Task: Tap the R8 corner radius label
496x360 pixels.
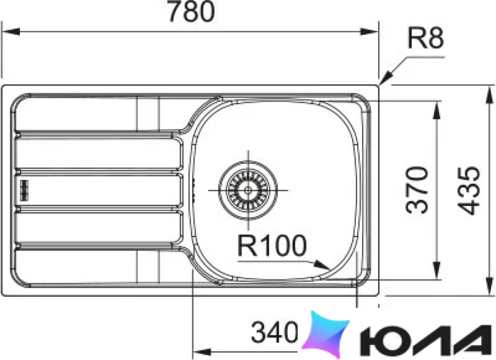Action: [x=426, y=37]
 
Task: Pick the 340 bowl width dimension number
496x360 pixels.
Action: [x=274, y=332]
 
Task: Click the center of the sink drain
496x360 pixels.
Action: [x=248, y=190]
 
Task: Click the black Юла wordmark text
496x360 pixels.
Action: [x=426, y=341]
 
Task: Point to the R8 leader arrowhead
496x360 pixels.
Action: [x=386, y=77]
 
